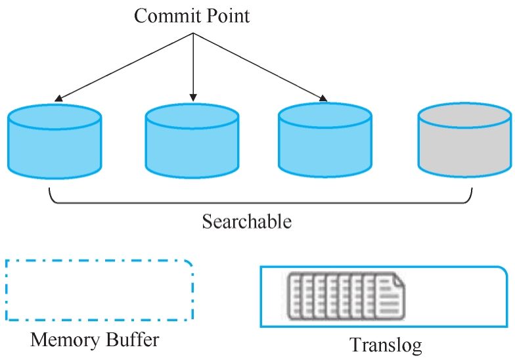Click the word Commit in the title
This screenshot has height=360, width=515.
[x=163, y=16]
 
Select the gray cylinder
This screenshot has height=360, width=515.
[x=465, y=141]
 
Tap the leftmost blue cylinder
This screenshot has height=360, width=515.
[x=55, y=142]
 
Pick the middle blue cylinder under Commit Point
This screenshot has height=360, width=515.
[x=192, y=141]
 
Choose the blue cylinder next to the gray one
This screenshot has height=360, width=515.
[x=325, y=141]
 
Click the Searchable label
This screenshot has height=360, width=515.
[x=247, y=221]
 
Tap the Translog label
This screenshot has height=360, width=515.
[x=386, y=345]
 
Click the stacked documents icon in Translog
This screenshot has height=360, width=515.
[x=346, y=296]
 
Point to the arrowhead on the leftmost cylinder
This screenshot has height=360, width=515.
[x=58, y=99]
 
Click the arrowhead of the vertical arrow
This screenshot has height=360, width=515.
[x=193, y=97]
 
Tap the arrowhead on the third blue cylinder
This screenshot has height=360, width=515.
[x=323, y=99]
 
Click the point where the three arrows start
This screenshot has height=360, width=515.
[x=193, y=33]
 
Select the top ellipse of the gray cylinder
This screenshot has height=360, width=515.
[x=465, y=115]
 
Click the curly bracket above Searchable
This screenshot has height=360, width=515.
[x=260, y=203]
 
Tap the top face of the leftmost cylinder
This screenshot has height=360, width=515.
[x=55, y=117]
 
